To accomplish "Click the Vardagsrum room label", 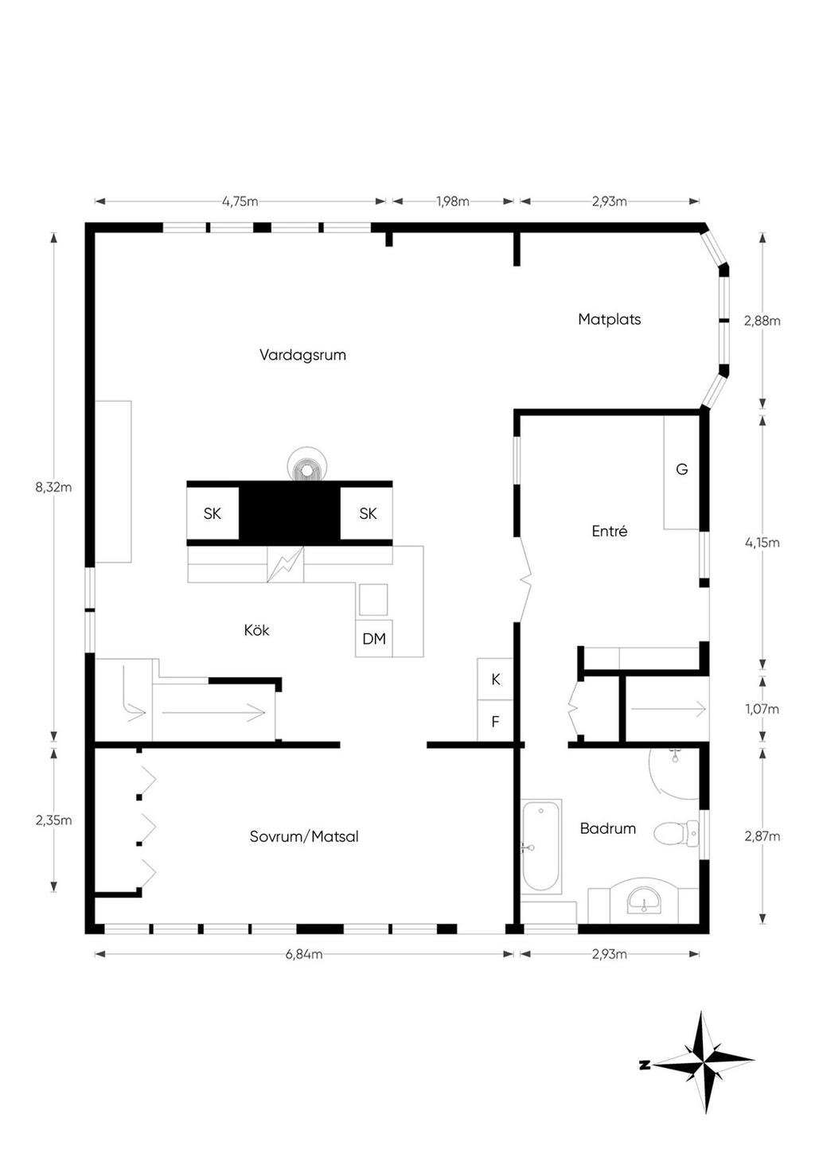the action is [x=302, y=355].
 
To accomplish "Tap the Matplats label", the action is [x=609, y=320].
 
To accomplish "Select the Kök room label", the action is [x=256, y=630].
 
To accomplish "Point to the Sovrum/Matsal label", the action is [x=304, y=836].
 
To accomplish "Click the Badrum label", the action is [x=607, y=828].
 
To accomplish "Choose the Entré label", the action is [x=609, y=531].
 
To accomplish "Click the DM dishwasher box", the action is [x=374, y=638].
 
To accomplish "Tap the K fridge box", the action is [x=495, y=679].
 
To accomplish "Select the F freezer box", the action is [x=495, y=721].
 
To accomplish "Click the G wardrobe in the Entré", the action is [x=681, y=472].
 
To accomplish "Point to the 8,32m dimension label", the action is [x=53, y=487].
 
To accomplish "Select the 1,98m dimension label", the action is [x=453, y=201].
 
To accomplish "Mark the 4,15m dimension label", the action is [x=762, y=543].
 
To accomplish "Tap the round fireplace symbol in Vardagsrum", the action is [x=307, y=465].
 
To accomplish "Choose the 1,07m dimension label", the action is [x=762, y=709].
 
